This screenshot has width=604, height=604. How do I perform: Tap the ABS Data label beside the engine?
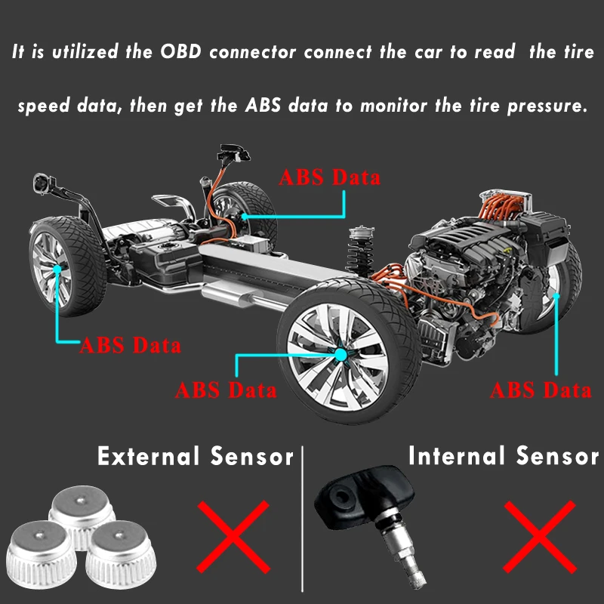(541, 390)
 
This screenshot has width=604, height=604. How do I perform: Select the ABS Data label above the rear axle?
(330, 178)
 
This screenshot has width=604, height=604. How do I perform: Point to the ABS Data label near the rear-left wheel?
(131, 346)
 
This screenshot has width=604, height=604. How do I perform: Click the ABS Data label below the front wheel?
(226, 391)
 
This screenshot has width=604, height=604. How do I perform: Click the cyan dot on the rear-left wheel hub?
(57, 268)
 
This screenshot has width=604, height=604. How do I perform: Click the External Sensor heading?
(195, 456)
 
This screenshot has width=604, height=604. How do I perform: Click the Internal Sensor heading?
(503, 456)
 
